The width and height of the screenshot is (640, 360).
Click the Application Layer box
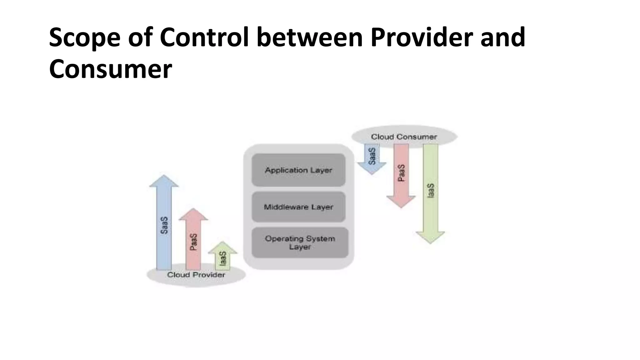(298, 170)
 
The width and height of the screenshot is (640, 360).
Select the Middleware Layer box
(298, 207)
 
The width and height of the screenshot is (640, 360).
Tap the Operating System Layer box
(300, 242)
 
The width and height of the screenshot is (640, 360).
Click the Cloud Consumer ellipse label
(404, 137)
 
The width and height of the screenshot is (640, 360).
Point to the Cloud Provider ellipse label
(196, 275)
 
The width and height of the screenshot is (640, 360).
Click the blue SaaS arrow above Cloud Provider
(164, 225)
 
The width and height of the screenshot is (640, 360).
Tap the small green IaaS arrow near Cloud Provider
(222, 258)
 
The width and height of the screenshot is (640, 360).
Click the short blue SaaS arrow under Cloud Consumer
(372, 156)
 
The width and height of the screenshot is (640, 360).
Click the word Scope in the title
(85, 37)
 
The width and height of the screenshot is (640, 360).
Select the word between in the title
(309, 37)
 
